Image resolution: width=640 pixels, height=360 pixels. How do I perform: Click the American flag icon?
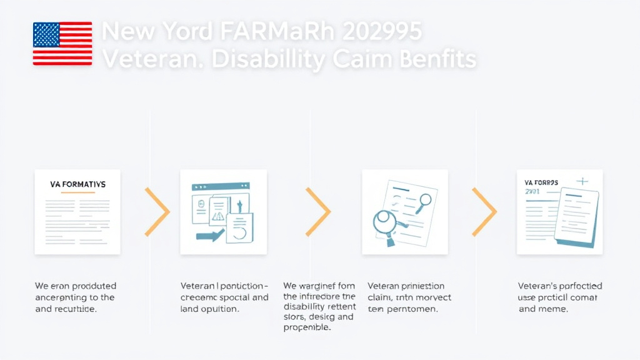(x=62, y=43)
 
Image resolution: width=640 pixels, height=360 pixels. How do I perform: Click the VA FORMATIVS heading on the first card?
(x=77, y=184)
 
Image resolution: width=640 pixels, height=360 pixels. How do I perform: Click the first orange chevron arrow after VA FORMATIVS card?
(x=157, y=212)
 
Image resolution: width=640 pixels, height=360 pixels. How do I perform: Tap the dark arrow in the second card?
(x=210, y=236)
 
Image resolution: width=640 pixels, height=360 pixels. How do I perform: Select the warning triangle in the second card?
(x=219, y=216)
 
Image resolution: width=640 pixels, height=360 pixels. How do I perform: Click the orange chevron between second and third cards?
(x=318, y=212)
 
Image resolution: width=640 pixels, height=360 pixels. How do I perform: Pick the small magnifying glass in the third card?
(x=426, y=201)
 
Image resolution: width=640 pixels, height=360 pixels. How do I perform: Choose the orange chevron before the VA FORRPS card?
(x=484, y=212)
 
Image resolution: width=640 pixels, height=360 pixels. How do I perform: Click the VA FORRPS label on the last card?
(x=541, y=182)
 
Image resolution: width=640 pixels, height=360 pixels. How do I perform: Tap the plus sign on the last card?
(x=582, y=181)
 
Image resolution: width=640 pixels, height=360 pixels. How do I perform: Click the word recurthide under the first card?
(x=74, y=309)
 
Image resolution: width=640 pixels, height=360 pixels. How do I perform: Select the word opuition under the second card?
(x=227, y=309)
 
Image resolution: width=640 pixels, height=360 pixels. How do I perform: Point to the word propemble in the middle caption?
(x=307, y=327)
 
